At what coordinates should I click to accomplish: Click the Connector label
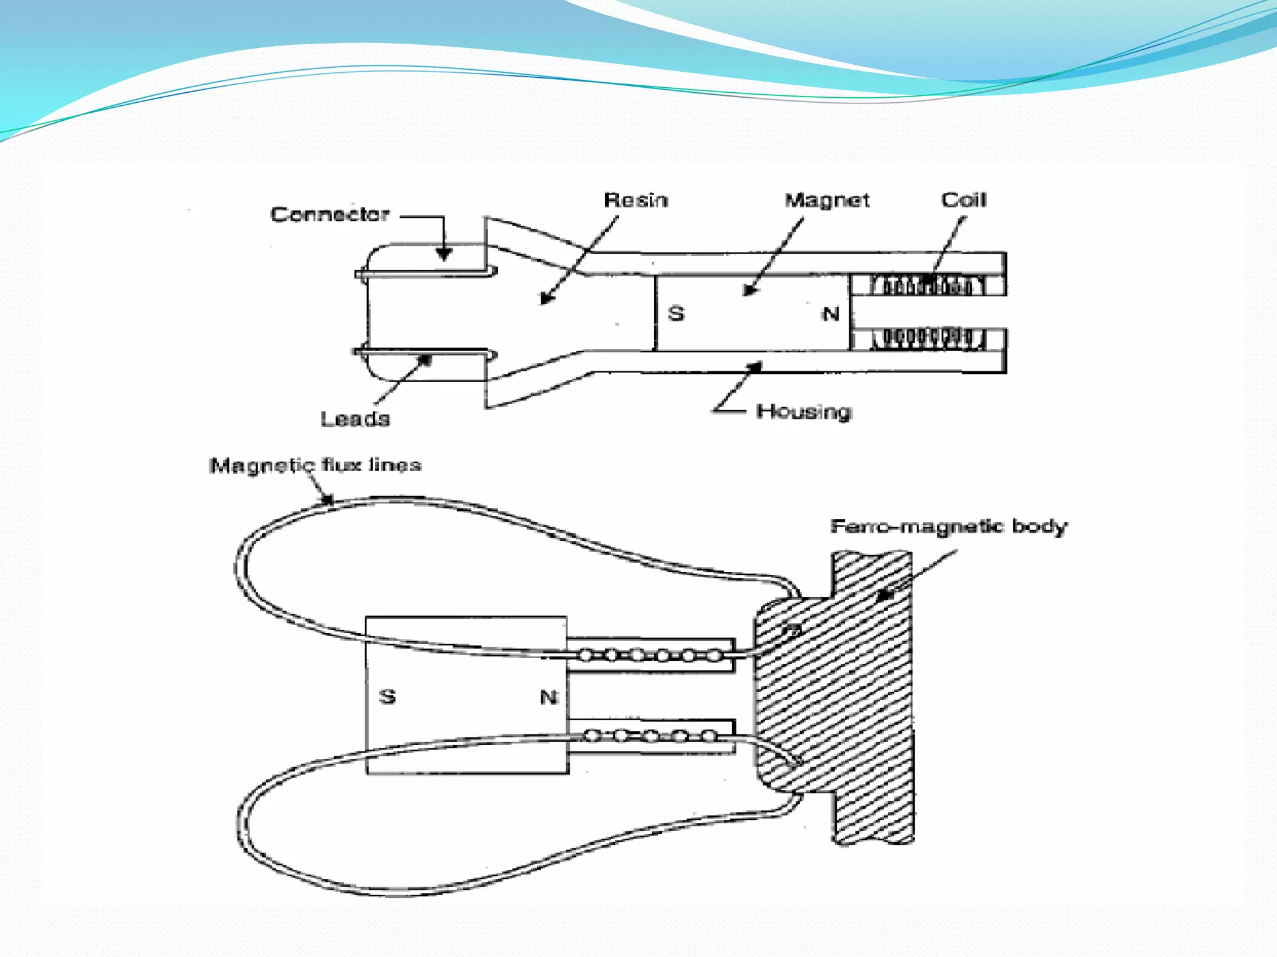coord(330,214)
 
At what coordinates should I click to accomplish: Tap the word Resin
coord(635,200)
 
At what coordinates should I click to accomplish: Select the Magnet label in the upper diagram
coord(826,200)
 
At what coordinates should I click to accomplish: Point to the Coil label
coord(963,200)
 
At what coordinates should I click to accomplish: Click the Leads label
coord(355,419)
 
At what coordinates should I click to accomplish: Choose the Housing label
coord(804,412)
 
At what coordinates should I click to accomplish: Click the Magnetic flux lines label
coord(315,465)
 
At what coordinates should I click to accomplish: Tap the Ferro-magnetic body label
coord(948,526)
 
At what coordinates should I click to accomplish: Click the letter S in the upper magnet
coord(676,313)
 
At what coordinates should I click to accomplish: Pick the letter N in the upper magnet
coord(831,314)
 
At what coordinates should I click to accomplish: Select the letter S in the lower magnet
coord(387,696)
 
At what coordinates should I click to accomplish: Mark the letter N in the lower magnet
coord(549,697)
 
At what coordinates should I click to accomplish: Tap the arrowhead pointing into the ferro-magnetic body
coord(884,595)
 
